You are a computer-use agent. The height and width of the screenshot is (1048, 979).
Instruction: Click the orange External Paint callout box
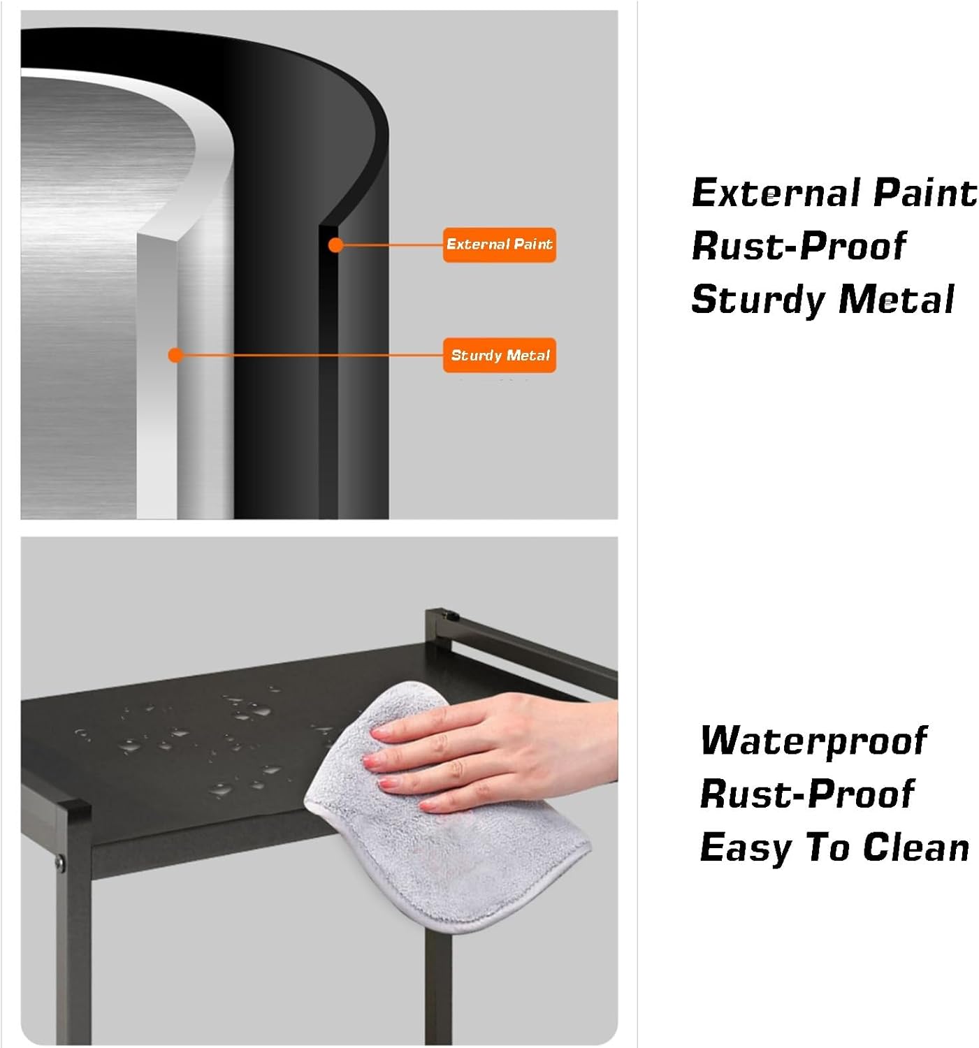point(499,245)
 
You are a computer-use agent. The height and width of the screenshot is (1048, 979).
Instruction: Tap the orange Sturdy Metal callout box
point(499,355)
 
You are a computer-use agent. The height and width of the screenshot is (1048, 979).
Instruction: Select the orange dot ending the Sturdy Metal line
point(176,355)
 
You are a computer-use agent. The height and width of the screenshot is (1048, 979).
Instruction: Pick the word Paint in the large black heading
point(924,193)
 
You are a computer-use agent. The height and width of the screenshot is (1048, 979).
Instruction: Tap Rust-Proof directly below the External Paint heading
point(799,247)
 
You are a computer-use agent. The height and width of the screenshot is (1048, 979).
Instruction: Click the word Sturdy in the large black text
point(758,300)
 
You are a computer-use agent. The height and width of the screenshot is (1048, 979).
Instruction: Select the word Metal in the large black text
point(896,299)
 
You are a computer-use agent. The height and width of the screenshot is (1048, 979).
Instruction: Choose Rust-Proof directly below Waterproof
point(807,794)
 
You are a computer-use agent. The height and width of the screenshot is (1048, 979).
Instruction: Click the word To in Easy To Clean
point(827,847)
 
